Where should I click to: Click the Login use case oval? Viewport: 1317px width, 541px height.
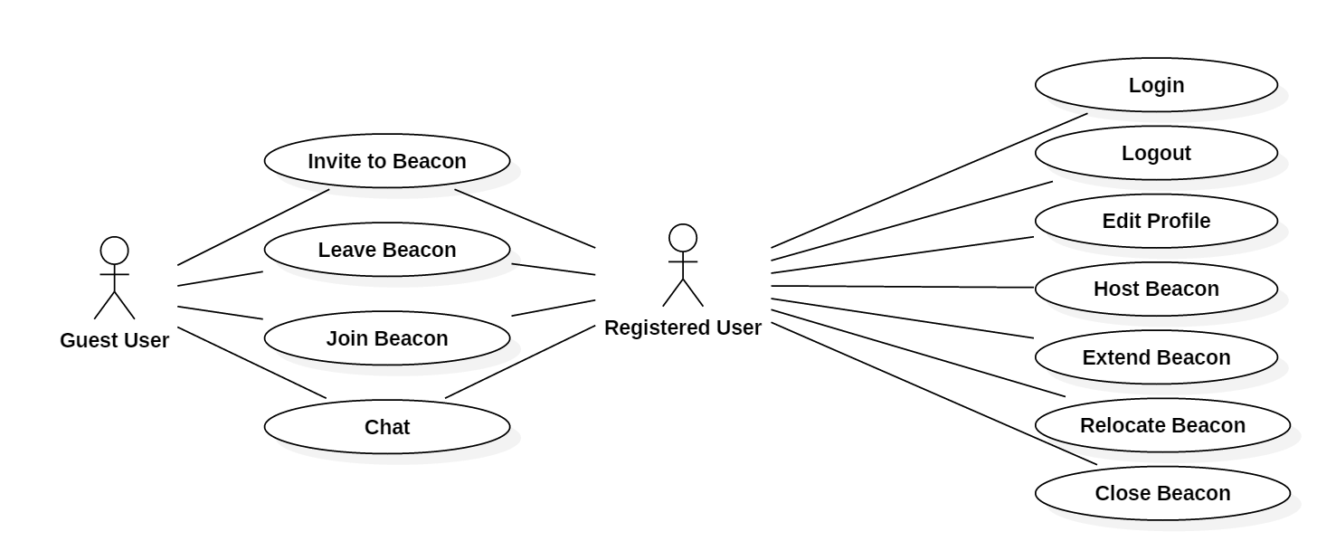pyautogui.click(x=1156, y=85)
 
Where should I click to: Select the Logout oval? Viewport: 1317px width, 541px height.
pyautogui.click(x=1156, y=153)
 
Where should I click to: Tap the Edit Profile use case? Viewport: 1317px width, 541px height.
pyautogui.click(x=1156, y=221)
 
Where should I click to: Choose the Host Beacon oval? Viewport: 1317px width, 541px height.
pyautogui.click(x=1156, y=289)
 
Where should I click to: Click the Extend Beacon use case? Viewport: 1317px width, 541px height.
pyautogui.click(x=1156, y=357)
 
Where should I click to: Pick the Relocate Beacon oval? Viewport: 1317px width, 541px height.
pyautogui.click(x=1162, y=425)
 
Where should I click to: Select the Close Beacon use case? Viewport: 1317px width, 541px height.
pyautogui.click(x=1162, y=493)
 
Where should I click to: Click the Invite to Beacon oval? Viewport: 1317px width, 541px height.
pyautogui.click(x=387, y=161)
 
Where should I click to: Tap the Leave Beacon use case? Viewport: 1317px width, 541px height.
pyautogui.click(x=387, y=250)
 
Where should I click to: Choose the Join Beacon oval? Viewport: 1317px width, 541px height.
pyautogui.click(x=387, y=338)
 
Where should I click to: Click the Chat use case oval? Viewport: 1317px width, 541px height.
pyautogui.click(x=387, y=427)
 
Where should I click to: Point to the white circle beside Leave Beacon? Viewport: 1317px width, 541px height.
pyautogui.click(x=114, y=251)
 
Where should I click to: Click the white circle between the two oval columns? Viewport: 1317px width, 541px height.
pyautogui.click(x=683, y=238)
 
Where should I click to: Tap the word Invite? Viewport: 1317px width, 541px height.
pyautogui.click(x=331, y=161)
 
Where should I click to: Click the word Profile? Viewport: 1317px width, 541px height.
pyautogui.click(x=1181, y=221)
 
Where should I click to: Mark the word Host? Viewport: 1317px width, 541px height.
pyautogui.click(x=1114, y=289)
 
